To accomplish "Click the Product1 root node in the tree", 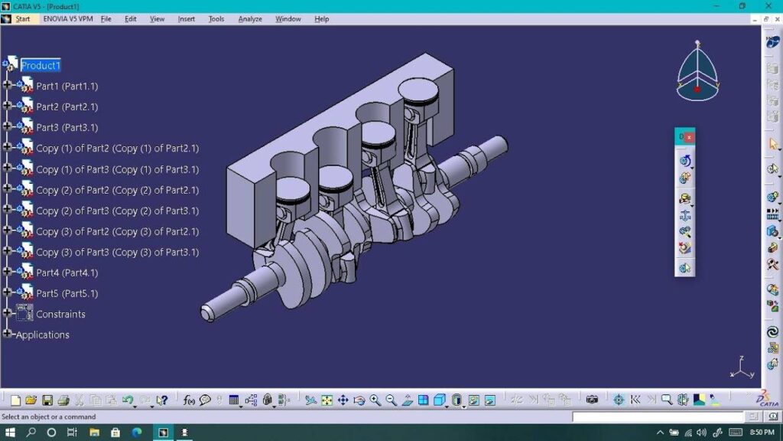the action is [x=41, y=66].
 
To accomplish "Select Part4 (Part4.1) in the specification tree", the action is [x=67, y=273].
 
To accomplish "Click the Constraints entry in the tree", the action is [x=60, y=314].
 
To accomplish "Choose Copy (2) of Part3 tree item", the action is [x=117, y=211].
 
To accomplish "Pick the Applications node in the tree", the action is [x=43, y=335].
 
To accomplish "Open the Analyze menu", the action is [x=250, y=19].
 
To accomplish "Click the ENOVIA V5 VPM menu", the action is [x=68, y=19].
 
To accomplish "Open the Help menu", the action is [x=322, y=19].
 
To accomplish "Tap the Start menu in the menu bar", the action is [x=22, y=19].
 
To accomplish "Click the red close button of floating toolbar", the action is [x=689, y=137].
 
